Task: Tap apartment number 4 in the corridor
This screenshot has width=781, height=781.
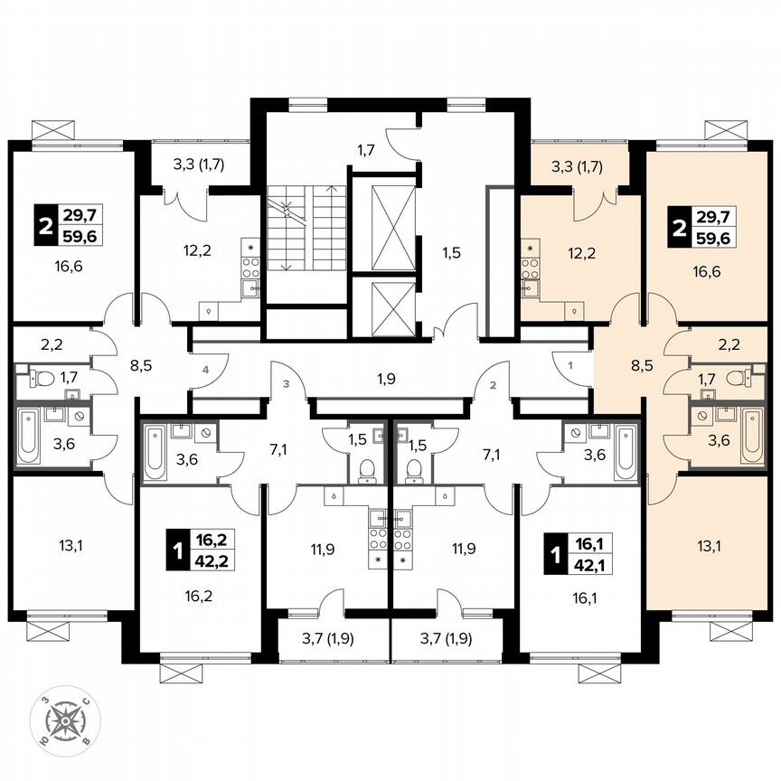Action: point(206,370)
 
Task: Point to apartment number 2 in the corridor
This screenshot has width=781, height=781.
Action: point(494,385)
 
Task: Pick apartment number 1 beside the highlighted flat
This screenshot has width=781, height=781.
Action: point(570,365)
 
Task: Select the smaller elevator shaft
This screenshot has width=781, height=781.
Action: point(384,307)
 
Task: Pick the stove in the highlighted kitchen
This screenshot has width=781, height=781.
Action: point(529,266)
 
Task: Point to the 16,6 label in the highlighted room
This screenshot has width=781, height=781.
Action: point(708,270)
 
